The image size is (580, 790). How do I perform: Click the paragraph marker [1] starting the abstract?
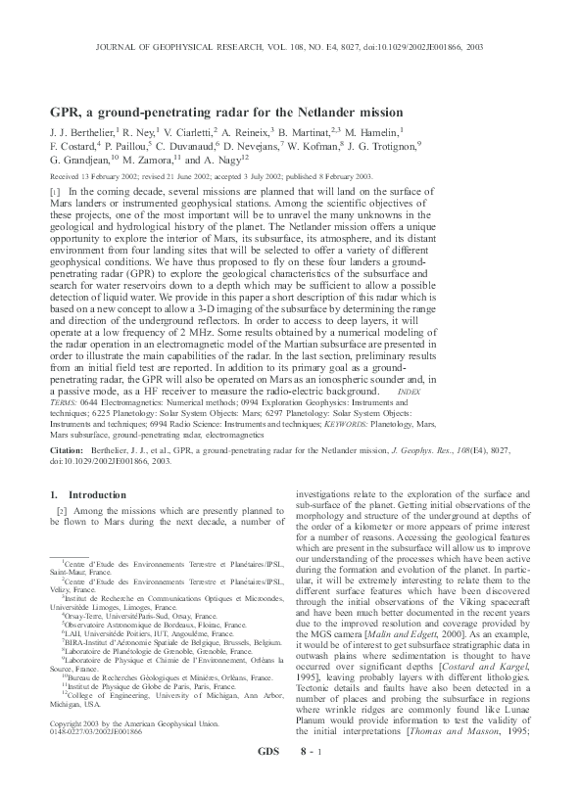(x=55, y=192)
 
